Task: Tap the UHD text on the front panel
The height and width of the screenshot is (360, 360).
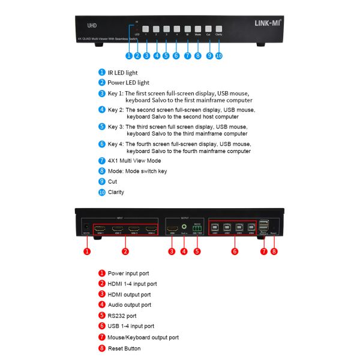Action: (x=92, y=26)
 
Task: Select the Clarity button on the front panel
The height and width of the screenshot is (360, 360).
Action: (x=218, y=28)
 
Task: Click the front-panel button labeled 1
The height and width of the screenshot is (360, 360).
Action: (x=146, y=28)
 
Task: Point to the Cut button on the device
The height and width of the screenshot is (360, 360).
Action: (x=208, y=28)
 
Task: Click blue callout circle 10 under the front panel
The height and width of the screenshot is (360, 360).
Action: (x=219, y=55)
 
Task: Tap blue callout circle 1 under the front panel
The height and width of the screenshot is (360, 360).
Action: (x=128, y=55)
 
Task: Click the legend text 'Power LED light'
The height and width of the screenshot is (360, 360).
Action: (x=128, y=82)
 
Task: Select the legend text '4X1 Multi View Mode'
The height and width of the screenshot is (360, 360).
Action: (x=134, y=160)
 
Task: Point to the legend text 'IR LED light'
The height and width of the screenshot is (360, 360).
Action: (x=124, y=72)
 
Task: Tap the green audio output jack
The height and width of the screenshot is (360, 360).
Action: (x=184, y=228)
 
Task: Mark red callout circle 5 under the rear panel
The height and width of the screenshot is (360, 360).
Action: (x=197, y=251)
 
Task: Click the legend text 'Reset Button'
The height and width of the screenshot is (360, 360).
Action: (x=125, y=348)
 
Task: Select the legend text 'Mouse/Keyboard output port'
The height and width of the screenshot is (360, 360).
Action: (x=143, y=337)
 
